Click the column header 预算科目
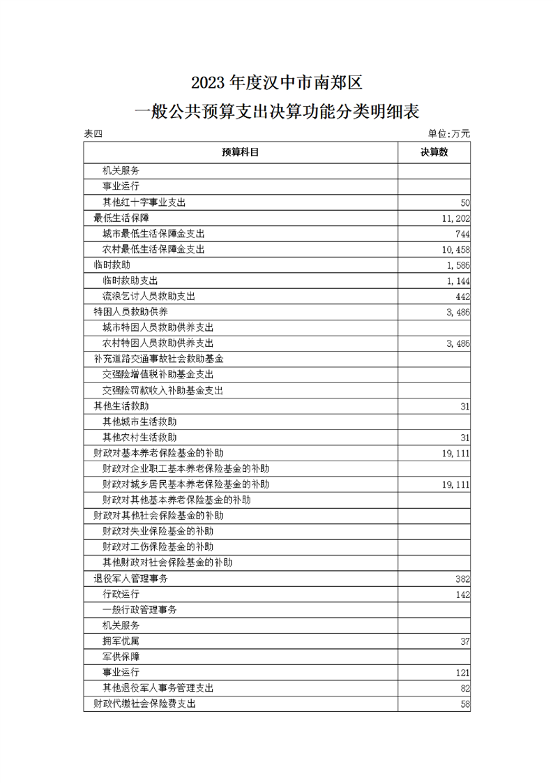tap(241, 152)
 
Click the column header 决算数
tap(434, 152)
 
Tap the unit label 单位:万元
tap(449, 133)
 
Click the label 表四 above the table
tap(93, 134)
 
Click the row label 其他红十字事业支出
tap(144, 202)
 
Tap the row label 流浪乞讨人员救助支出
tap(149, 296)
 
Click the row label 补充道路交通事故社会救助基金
tap(158, 359)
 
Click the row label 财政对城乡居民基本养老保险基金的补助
tap(185, 484)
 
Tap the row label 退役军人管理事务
tap(130, 579)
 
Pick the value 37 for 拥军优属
tap(465, 641)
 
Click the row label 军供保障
tap(121, 657)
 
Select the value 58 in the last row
tap(465, 704)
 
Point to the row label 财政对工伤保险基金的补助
tap(158, 547)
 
